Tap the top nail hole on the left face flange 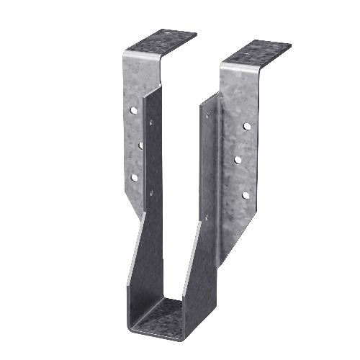(x=133, y=112)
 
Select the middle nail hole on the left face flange (x=140, y=145)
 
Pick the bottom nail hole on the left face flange (x=133, y=176)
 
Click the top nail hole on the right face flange (x=246, y=126)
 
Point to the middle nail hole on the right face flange (x=237, y=160)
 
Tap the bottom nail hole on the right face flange (x=246, y=194)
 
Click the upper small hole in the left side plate (x=150, y=123)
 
